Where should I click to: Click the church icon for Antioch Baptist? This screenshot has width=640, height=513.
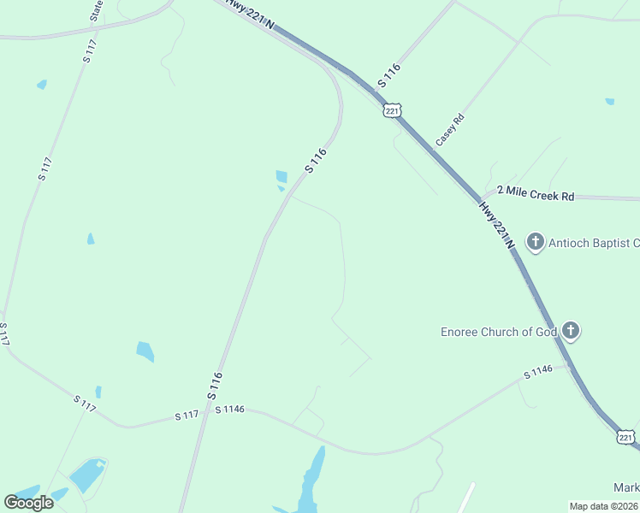pos(536,242)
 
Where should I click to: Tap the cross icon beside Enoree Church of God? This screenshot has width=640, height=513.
pos(571,331)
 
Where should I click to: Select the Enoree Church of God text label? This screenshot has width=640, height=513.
pos(499,332)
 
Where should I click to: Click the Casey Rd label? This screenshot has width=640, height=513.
pos(449,129)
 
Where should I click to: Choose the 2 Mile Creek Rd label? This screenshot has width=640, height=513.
pos(535,195)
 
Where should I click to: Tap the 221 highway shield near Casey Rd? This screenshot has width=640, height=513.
pos(392,111)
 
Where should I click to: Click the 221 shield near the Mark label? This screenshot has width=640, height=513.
pos(626,438)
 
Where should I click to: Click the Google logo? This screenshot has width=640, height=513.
pos(29,502)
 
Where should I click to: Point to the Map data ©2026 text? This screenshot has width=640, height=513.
pos(602,506)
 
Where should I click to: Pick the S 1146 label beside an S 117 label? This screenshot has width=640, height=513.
pos(230,410)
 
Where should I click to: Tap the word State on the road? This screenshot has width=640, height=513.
pos(97,10)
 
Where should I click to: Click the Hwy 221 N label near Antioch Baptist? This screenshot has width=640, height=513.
pos(496,225)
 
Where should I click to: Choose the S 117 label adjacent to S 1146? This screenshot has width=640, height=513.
pos(187,415)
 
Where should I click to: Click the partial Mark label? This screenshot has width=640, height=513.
pos(626,488)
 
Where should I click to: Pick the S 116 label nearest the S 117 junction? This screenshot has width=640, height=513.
pos(215,386)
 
